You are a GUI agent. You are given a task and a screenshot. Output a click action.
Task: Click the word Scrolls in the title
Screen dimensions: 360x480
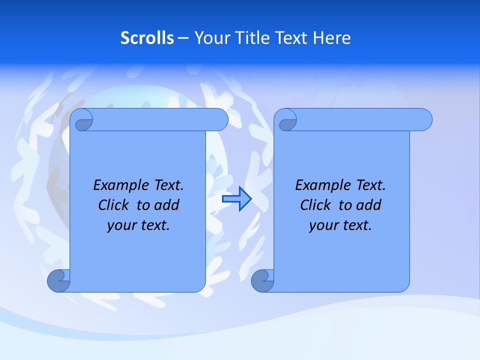[x=147, y=38]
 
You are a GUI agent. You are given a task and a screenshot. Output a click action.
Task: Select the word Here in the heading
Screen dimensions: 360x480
[x=331, y=38]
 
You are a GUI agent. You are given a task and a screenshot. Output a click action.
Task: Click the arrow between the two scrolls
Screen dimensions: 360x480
[x=236, y=198]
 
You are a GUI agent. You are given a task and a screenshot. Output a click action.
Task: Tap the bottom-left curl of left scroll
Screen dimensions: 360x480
[x=59, y=280]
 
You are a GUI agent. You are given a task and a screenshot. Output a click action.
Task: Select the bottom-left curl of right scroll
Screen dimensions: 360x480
[x=263, y=280]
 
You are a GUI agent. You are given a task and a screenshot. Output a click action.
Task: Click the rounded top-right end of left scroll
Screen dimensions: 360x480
[x=220, y=120]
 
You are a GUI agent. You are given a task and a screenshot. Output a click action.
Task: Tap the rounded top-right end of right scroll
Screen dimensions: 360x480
[x=424, y=120]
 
